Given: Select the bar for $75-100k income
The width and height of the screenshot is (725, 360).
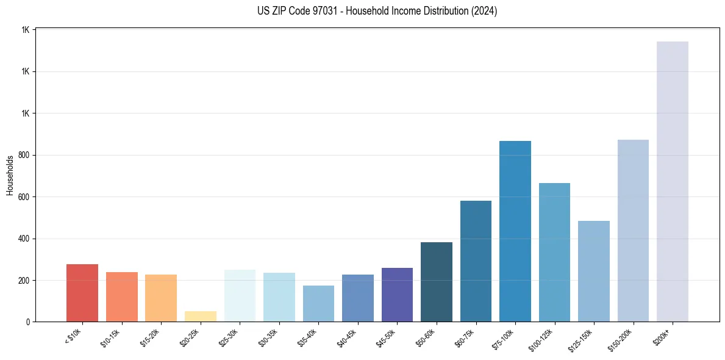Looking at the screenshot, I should pyautogui.click(x=515, y=231).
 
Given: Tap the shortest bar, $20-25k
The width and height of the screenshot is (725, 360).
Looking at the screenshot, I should pyautogui.click(x=200, y=316).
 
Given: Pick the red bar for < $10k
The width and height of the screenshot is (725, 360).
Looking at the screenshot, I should pyautogui.click(x=82, y=293).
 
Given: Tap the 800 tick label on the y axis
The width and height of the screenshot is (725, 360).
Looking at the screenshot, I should pyautogui.click(x=24, y=155).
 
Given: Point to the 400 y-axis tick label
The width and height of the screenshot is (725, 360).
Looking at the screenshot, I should pyautogui.click(x=24, y=239).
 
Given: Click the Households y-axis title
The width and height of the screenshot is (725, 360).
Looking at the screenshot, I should pyautogui.click(x=10, y=175).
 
